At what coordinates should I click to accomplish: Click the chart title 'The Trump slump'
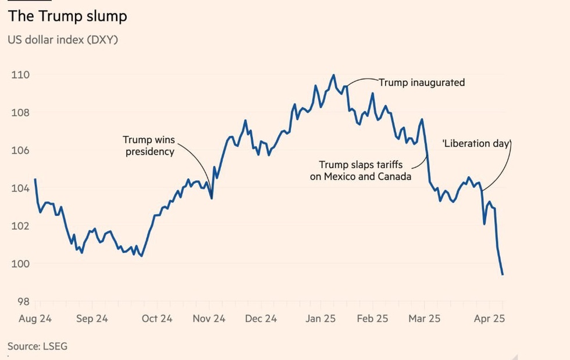[67, 16]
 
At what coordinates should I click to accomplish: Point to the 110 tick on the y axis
[21, 74]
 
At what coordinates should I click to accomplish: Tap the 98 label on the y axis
[22, 302]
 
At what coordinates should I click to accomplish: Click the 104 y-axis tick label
[21, 188]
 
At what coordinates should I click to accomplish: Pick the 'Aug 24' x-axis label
[35, 319]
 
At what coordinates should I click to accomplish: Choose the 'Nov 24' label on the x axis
[209, 319]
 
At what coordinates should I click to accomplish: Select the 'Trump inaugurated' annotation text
[422, 83]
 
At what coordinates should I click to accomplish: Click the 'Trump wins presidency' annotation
[149, 146]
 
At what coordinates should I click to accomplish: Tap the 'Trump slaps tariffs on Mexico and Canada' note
[361, 170]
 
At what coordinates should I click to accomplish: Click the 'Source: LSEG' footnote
[37, 347]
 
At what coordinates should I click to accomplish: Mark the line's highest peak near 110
[333, 75]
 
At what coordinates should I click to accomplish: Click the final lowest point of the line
[503, 275]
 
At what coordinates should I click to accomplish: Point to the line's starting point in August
[35, 179]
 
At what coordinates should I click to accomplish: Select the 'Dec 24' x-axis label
[261, 319]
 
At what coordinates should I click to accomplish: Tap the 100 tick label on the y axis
[21, 263]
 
